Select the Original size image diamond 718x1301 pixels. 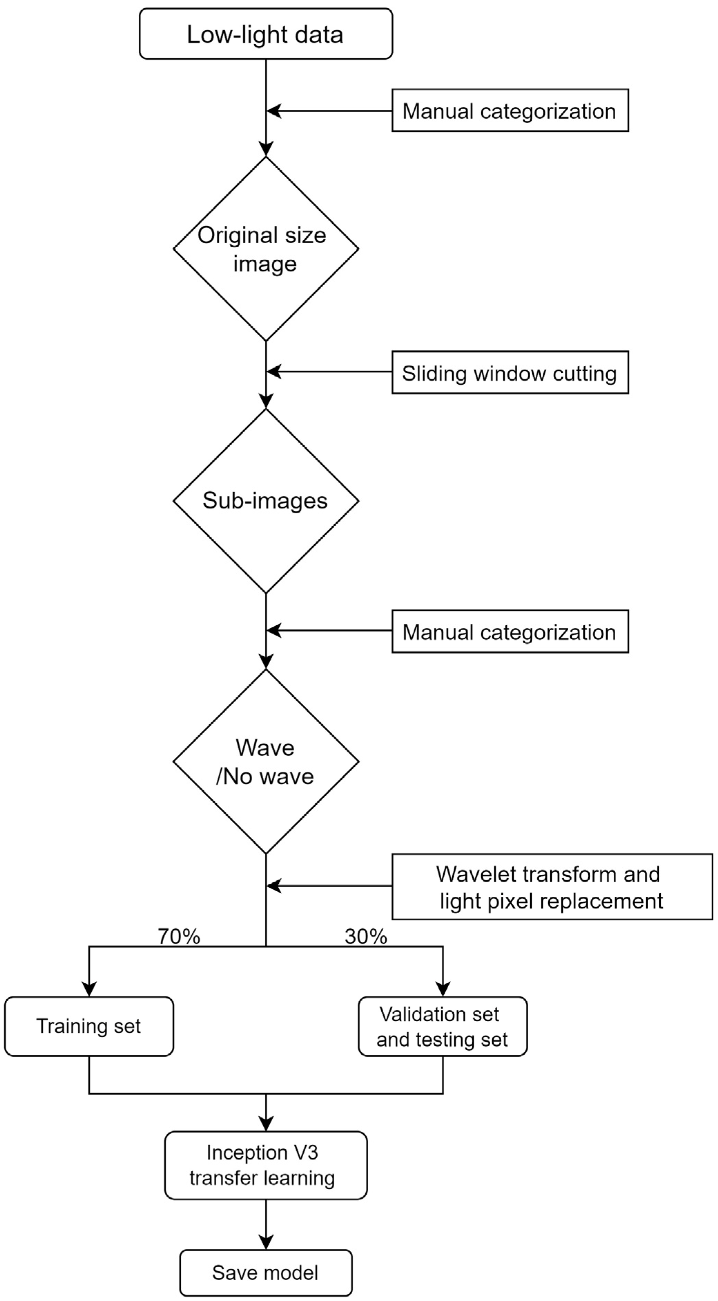click(x=266, y=249)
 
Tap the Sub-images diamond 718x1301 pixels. click(x=266, y=500)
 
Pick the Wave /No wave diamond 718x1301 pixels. click(x=266, y=762)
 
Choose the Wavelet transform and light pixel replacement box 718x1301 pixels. click(x=552, y=887)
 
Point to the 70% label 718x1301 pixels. click(x=179, y=936)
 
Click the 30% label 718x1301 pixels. click(x=366, y=936)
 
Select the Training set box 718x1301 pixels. click(x=89, y=1026)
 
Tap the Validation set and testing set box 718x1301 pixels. click(x=443, y=1026)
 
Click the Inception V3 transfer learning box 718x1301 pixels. click(x=266, y=1165)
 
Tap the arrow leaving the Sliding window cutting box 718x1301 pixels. click(x=328, y=372)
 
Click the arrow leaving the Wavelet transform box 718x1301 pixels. click(x=328, y=886)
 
